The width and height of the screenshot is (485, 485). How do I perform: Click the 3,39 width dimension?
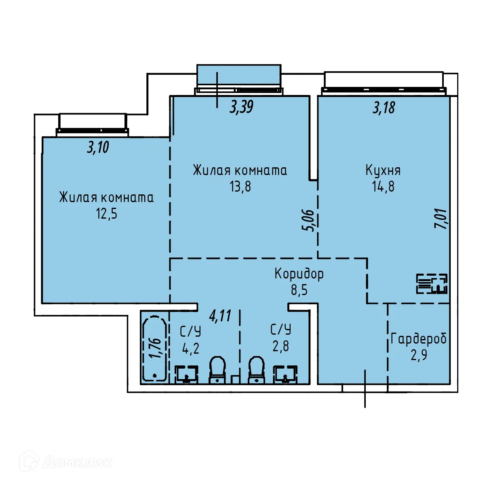[241, 107]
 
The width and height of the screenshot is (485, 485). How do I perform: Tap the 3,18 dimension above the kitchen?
[384, 108]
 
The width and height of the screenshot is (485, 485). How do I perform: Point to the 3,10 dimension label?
[98, 148]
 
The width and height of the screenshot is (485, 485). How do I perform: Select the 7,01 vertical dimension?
[441, 219]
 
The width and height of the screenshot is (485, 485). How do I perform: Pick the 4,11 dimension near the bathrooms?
[220, 316]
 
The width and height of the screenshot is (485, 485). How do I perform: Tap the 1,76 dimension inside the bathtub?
[155, 348]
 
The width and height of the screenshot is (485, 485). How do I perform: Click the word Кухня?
[383, 170]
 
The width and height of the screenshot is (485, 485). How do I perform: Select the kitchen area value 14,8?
[383, 186]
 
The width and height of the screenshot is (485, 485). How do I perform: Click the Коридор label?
[299, 274]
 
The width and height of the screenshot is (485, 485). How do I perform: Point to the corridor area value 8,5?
[299, 290]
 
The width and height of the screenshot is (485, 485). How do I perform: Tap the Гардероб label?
[419, 339]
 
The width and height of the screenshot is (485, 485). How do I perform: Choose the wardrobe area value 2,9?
[419, 355]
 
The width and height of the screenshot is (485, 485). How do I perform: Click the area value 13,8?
[240, 186]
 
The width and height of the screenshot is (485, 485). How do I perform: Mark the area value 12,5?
[106, 213]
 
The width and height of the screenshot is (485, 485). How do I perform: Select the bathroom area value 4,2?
[190, 348]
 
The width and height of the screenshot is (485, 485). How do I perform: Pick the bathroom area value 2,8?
[280, 346]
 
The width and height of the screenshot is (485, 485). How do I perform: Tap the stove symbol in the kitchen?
[432, 283]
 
